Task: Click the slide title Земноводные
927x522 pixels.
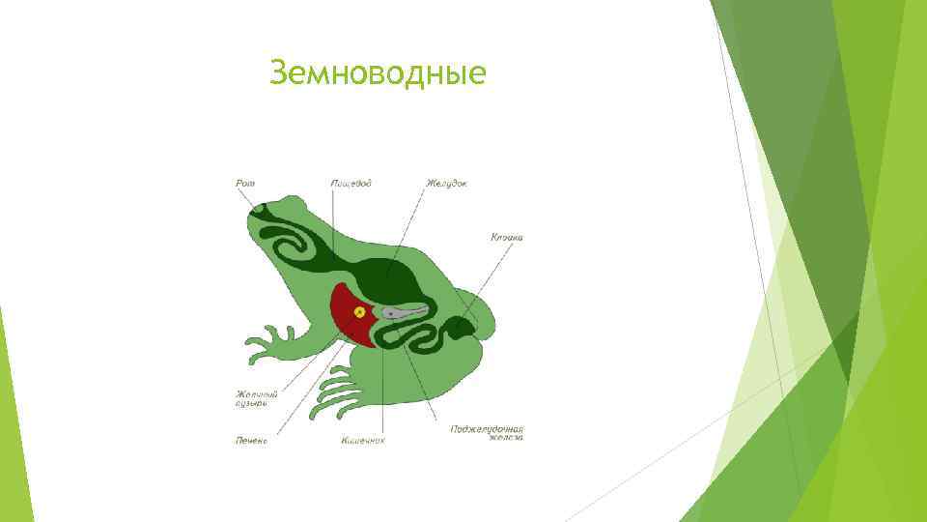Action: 378,73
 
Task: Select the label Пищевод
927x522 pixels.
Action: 350,184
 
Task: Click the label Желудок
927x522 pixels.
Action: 445,184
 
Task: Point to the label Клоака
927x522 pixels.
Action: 506,236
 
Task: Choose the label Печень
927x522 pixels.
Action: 251,440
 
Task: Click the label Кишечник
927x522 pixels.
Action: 362,440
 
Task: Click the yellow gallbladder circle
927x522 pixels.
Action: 360,311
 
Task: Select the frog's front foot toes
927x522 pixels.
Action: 267,344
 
